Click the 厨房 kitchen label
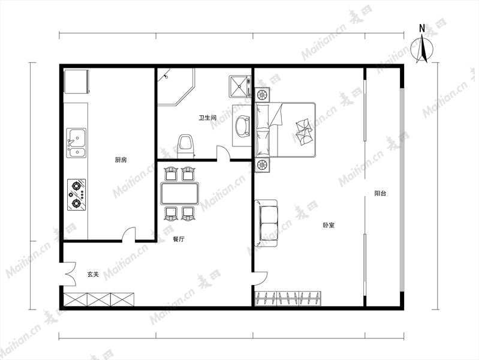pyautogui.click(x=120, y=160)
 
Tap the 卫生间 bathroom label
pyautogui.click(x=207, y=118)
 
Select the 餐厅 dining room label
pyautogui.click(x=179, y=239)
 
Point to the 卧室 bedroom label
pyautogui.click(x=329, y=226)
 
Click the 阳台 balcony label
pyautogui.click(x=380, y=193)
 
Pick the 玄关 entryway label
pyautogui.click(x=93, y=274)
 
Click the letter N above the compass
pyautogui.click(x=422, y=28)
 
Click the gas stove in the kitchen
pyautogui.click(x=76, y=194)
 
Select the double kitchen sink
pyautogui.click(x=76, y=143)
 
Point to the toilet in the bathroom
pyautogui.click(x=186, y=146)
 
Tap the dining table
pyautogui.click(x=180, y=193)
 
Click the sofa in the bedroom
pyautogui.click(x=266, y=223)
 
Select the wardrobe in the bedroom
pyautogui.click(x=288, y=299)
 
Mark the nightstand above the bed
pyautogui.click(x=263, y=95)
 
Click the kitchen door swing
pyautogui.click(x=129, y=234)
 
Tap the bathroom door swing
pyautogui.click(x=223, y=152)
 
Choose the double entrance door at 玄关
pyautogui.click(x=68, y=274)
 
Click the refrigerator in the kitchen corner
pyautogui.click(x=76, y=82)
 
